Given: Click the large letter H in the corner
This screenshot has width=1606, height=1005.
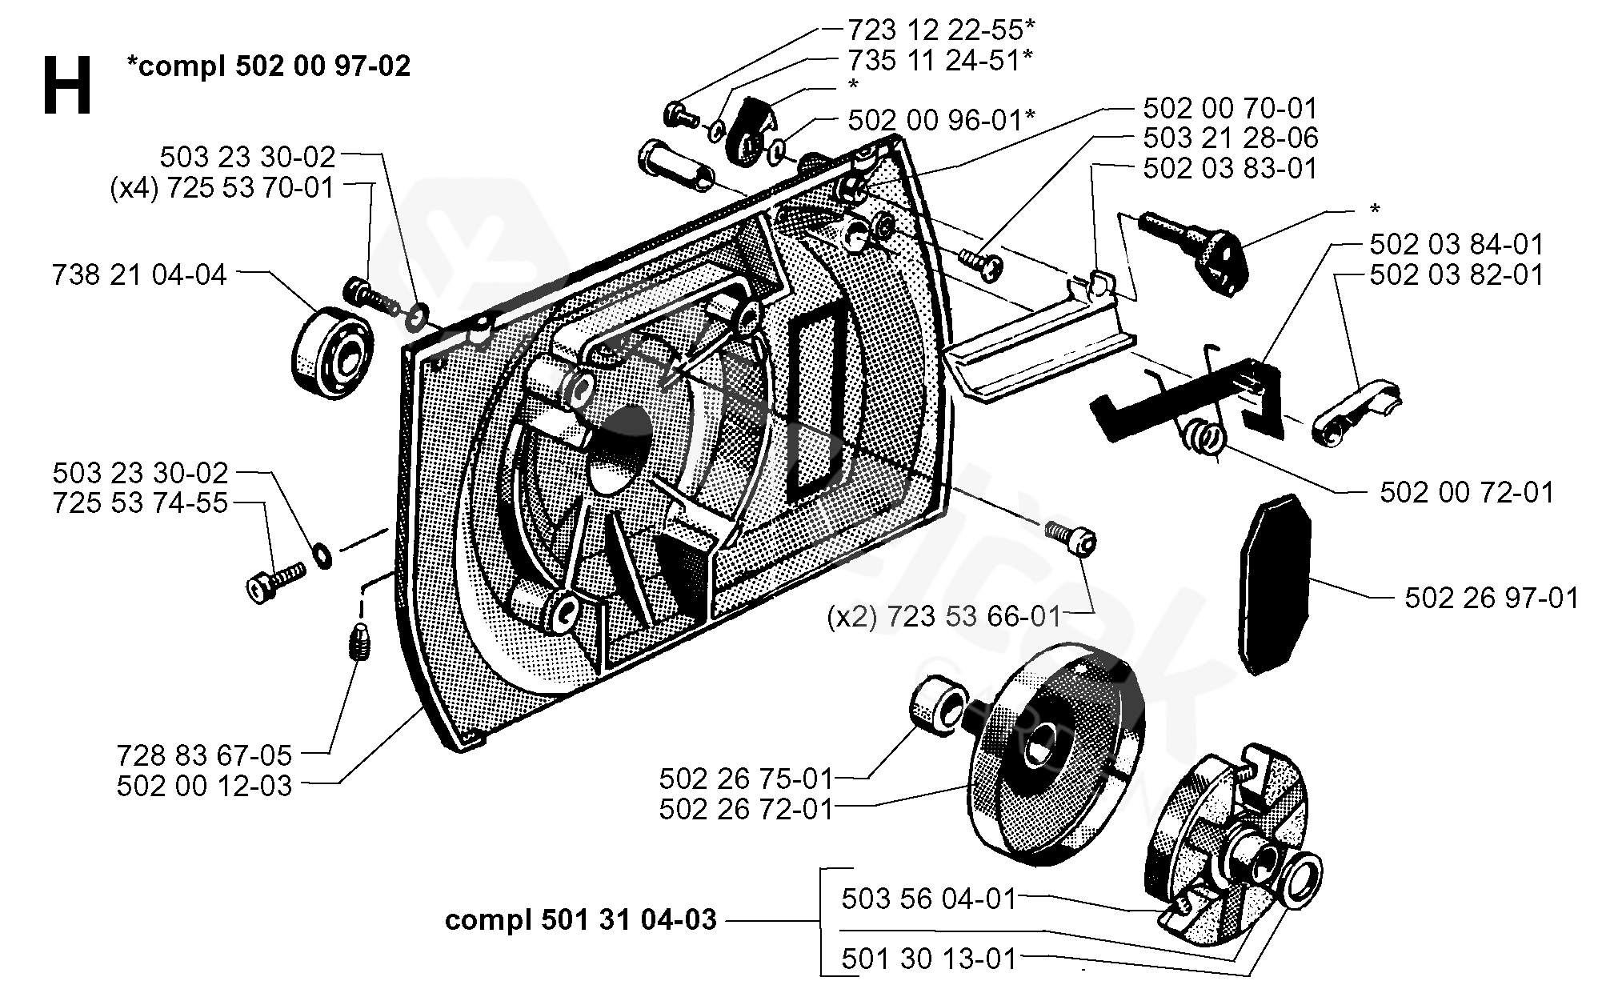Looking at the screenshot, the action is click(68, 86).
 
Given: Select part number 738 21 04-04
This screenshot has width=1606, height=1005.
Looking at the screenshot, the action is click(139, 275).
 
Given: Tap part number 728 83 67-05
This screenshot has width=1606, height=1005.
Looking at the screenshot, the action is click(204, 755).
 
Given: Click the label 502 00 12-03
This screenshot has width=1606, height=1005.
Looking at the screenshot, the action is click(204, 786).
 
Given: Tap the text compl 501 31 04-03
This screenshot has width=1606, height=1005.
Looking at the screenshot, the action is click(580, 920).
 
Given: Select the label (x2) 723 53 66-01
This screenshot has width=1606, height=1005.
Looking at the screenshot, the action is click(944, 617).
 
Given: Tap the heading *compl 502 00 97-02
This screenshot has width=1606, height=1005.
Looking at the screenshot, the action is click(269, 66).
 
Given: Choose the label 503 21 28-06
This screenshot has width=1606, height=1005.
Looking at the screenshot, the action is click(1230, 138).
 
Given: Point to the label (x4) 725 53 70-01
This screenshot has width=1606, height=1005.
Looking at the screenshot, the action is click(222, 190).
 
